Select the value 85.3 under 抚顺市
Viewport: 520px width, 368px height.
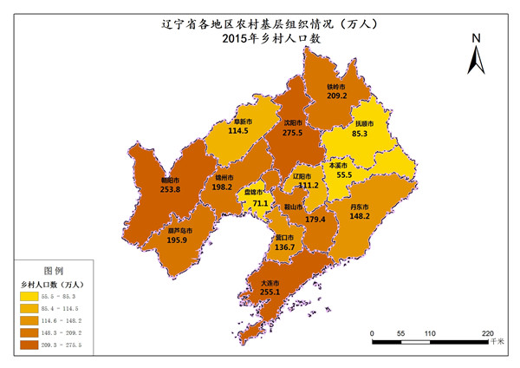point(360,134)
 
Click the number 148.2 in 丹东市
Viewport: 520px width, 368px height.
point(361,217)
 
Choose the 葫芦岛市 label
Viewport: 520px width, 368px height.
point(180,230)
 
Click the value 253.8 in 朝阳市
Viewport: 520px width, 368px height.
point(171,189)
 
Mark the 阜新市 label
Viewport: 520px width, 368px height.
point(239,122)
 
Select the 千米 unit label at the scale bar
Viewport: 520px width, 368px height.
point(497,342)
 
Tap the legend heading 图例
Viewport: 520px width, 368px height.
point(54,270)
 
